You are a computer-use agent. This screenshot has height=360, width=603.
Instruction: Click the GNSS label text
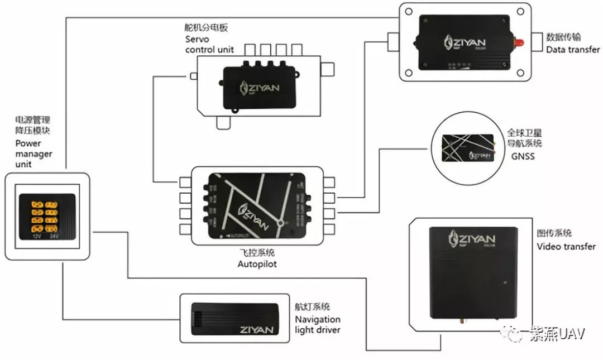tap(523, 156)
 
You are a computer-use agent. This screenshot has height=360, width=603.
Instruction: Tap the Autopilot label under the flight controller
tap(257, 264)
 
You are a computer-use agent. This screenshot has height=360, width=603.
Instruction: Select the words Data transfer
tap(573, 50)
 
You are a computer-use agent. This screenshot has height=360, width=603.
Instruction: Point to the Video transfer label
tap(566, 246)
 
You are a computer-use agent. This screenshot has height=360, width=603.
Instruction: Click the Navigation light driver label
tap(318, 324)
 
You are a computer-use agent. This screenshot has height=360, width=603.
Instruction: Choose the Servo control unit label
tap(209, 45)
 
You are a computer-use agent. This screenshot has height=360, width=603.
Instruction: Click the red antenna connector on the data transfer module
tap(518, 42)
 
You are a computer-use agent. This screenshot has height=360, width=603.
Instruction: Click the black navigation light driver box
tap(234, 319)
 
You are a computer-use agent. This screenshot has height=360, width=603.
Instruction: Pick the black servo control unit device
tap(260, 87)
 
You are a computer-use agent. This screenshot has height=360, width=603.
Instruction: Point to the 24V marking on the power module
tap(55, 236)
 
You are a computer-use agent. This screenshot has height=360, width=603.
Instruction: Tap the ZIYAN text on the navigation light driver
tap(257, 329)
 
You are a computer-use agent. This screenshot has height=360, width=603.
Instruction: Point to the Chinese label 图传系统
tap(554, 233)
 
